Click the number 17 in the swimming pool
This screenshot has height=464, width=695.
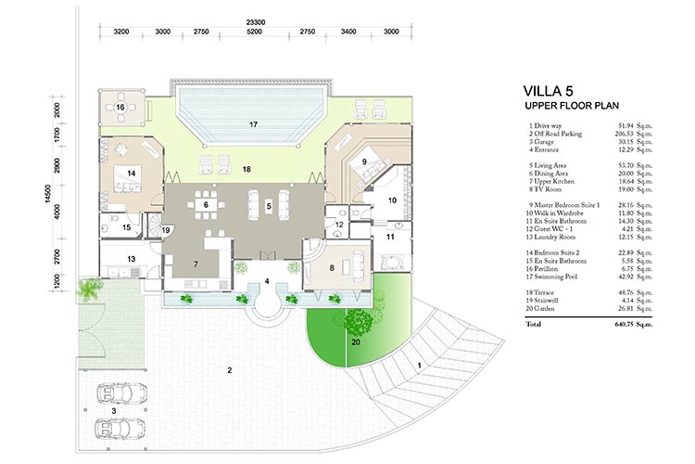(252, 123)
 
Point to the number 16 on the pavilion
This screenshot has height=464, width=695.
(121, 107)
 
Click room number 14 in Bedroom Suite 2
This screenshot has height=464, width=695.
(133, 174)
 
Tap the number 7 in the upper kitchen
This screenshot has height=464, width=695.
(196, 264)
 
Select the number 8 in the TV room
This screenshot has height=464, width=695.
(332, 268)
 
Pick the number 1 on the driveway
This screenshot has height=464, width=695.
(419, 365)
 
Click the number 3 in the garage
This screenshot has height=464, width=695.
(114, 409)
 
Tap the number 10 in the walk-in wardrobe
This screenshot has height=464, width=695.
(391, 200)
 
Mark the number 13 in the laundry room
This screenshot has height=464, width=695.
(132, 259)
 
